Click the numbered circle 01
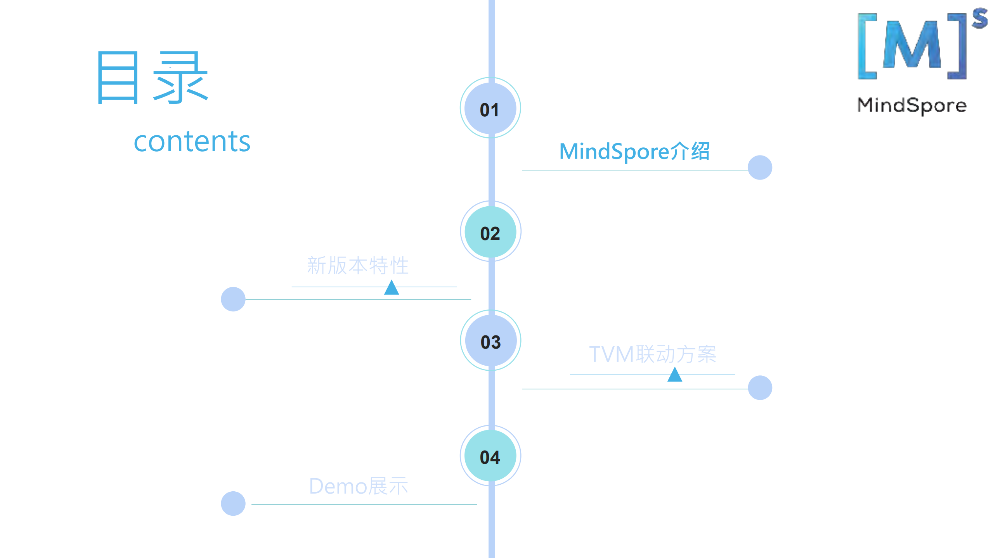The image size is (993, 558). tap(490, 108)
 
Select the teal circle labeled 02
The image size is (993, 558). tap(490, 232)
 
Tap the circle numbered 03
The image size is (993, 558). tap(490, 340)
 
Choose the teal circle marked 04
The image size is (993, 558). tap(490, 456)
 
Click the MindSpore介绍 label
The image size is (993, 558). tap(634, 151)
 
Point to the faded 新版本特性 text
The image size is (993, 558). tap(357, 266)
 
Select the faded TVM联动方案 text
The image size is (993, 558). tap(652, 354)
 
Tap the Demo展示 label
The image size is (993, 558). tap(358, 486)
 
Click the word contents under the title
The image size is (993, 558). tap(192, 142)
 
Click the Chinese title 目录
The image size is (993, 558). tap(153, 78)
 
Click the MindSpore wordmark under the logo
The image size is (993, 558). tap(912, 105)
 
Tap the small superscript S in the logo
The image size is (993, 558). tap(979, 19)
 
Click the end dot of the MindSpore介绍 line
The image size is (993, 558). tap(760, 168)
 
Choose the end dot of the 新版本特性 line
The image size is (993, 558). tap(233, 299)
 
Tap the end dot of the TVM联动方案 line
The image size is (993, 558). tap(760, 388)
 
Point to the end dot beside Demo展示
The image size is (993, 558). tap(233, 504)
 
